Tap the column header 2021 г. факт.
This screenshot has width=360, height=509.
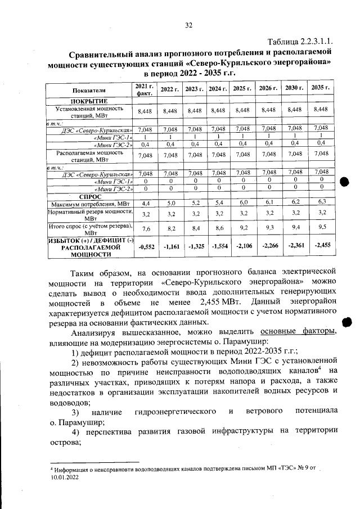point(145,89)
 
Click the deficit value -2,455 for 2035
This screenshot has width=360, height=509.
point(321,245)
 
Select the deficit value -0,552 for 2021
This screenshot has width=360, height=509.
point(146,246)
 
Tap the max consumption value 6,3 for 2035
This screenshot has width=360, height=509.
point(321,201)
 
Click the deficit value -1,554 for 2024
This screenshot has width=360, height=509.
point(217,246)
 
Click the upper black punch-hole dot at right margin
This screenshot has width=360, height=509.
point(345,182)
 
